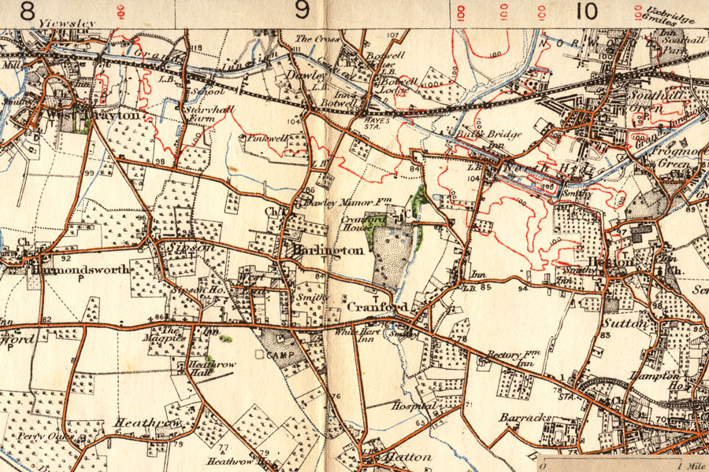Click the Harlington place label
click(329, 250)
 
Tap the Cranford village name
click(366, 306)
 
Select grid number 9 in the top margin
click(302, 10)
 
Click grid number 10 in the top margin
click(585, 10)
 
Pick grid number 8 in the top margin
click(28, 10)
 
